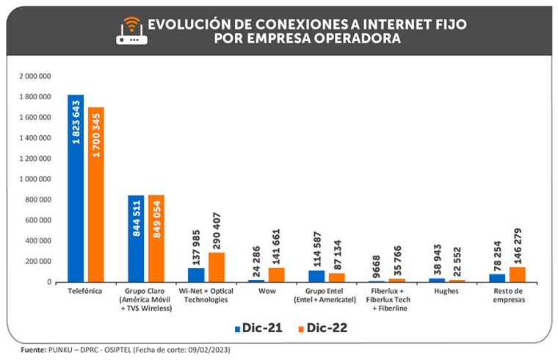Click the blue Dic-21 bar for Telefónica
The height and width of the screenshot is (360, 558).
click(76, 188)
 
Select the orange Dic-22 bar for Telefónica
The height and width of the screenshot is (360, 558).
click(95, 195)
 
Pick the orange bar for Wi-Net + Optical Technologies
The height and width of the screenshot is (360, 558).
click(216, 267)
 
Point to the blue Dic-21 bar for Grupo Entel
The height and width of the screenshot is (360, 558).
click(316, 276)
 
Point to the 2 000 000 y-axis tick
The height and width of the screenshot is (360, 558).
click(35, 76)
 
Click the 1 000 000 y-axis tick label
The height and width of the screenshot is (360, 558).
click(35, 179)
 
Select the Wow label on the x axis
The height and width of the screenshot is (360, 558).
click(266, 292)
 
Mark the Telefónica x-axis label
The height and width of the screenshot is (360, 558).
click(85, 292)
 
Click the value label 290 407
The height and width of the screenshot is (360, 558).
click(217, 227)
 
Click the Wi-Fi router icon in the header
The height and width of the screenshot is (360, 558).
click(131, 29)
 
